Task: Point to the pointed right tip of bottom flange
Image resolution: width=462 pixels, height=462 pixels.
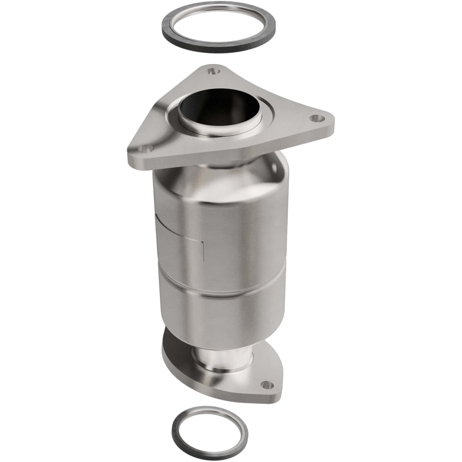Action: [x=281, y=388]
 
